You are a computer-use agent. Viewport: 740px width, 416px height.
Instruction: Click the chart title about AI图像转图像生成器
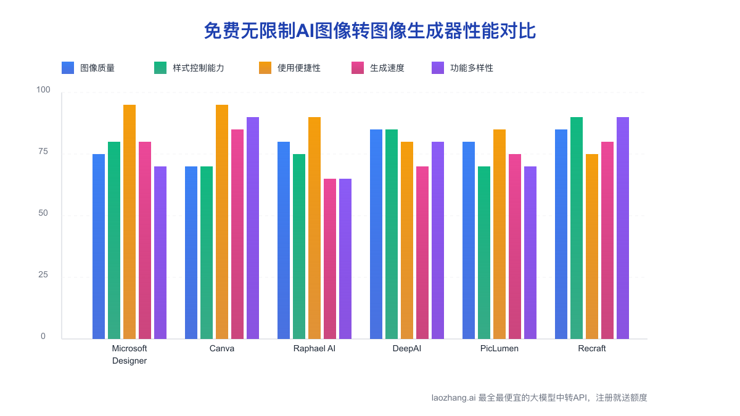tap(369, 31)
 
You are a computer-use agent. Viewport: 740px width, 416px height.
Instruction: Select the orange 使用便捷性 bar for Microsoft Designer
tap(129, 222)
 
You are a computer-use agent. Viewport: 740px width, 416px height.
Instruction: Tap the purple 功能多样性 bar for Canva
tap(253, 228)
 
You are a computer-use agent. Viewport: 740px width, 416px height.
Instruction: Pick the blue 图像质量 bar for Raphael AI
tap(284, 240)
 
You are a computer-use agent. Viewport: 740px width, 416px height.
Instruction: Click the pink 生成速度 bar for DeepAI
tap(422, 253)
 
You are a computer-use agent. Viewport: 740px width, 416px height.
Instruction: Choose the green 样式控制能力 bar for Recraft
tap(577, 228)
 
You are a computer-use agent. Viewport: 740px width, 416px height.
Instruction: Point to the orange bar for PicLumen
tap(499, 234)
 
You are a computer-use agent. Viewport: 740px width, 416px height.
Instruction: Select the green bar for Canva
tap(207, 253)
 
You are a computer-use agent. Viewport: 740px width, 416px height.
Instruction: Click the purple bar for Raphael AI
tap(345, 259)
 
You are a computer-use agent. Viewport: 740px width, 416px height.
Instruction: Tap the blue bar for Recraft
tap(561, 234)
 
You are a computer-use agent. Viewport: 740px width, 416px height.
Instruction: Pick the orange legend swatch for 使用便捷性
tap(265, 68)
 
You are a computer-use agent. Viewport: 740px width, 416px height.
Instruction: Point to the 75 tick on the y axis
tap(43, 152)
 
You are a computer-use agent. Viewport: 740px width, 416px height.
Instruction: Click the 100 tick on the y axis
tap(43, 90)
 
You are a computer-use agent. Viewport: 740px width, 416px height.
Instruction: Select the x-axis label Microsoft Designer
tap(129, 354)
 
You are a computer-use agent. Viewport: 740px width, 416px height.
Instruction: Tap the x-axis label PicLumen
tap(499, 348)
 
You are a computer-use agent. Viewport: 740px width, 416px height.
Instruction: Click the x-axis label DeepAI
tap(407, 348)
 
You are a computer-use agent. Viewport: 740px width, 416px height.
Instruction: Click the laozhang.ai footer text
tap(540, 398)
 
